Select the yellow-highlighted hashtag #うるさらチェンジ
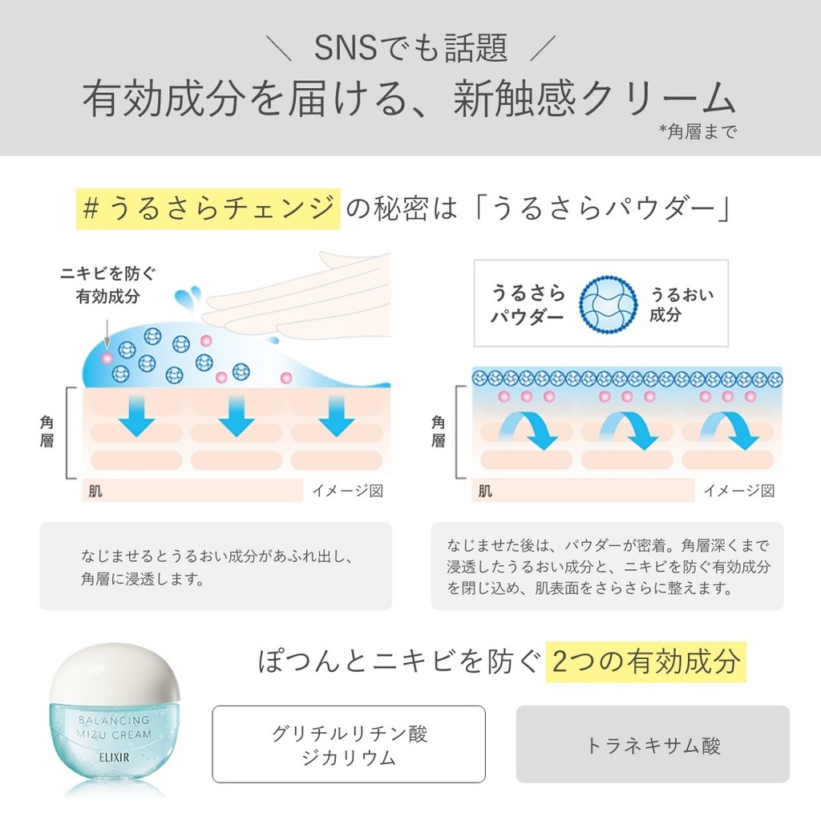click(208, 209)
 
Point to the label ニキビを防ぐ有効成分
click(108, 285)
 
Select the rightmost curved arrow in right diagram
click(729, 430)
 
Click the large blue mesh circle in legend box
click(609, 304)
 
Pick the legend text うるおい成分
click(681, 305)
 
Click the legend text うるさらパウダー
click(528, 305)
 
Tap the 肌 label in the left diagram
click(96, 491)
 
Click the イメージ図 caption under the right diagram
click(738, 491)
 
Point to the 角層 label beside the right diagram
click(438, 431)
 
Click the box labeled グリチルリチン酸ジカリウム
click(349, 744)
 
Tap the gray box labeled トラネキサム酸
click(653, 744)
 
